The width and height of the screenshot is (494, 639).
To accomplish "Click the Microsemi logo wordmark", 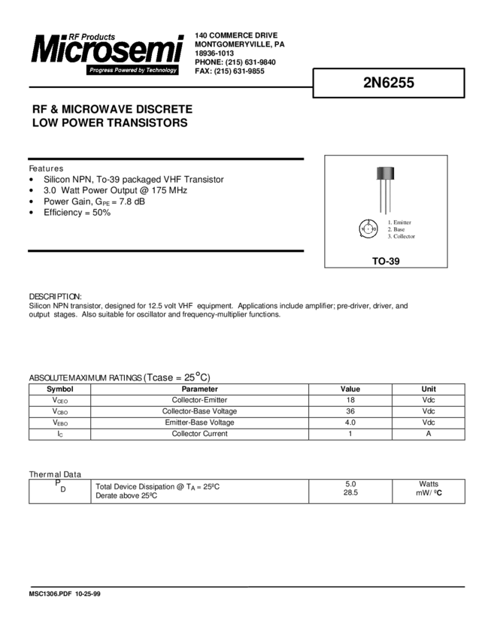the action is tap(107, 52).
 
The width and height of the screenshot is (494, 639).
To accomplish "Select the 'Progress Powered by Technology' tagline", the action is tap(132, 70).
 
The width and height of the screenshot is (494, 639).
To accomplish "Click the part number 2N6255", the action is tap(388, 84).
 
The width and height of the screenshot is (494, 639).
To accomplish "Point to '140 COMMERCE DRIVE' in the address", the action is tap(236, 35).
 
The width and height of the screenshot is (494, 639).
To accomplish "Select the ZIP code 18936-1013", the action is tap(214, 53).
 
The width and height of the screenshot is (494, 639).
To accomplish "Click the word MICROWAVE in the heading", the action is tap(98, 109).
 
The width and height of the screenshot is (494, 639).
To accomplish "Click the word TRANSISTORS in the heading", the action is tap(146, 123).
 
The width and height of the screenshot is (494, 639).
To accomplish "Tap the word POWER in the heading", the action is tap(78, 123).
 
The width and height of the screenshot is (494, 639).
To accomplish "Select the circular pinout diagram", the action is tap(368, 228).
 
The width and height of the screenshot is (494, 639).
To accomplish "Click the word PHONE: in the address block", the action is tap(209, 62).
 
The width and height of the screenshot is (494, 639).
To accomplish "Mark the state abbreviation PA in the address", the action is tap(280, 44).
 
